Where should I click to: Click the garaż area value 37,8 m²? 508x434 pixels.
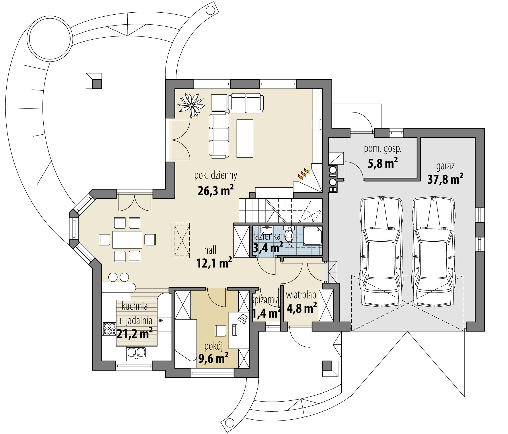(x=445, y=179)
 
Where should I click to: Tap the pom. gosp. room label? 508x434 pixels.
(x=382, y=149)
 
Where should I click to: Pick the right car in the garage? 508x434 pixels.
(x=435, y=251)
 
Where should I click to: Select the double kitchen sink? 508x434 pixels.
(x=137, y=353)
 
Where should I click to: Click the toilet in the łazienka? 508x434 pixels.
(x=289, y=234)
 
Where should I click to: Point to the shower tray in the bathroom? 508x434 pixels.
(x=313, y=236)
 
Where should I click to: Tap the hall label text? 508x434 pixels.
(x=210, y=250)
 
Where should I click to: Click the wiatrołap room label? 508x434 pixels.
(x=301, y=295)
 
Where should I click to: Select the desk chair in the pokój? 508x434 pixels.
(x=220, y=330)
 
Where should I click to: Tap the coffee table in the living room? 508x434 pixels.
(x=245, y=139)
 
